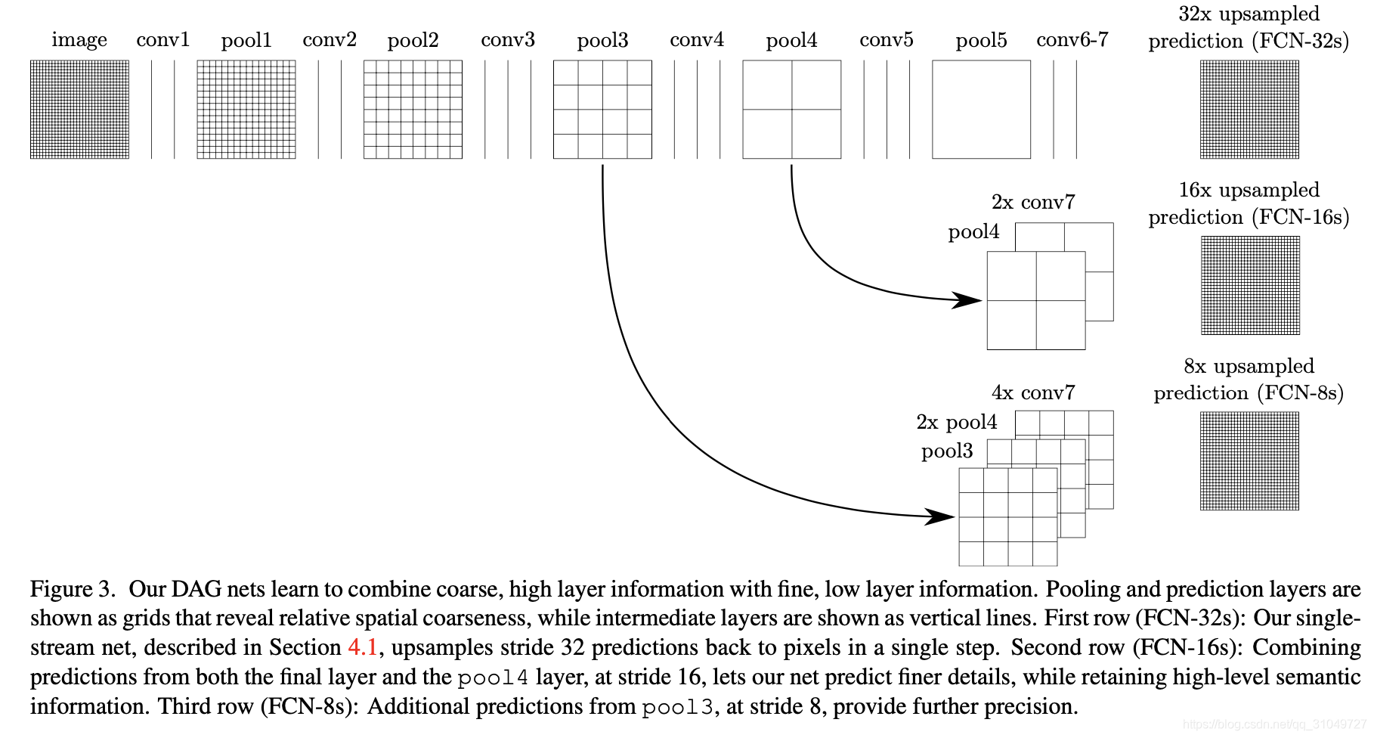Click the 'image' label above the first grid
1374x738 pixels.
pyautogui.click(x=79, y=40)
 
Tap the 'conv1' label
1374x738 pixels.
pyautogui.click(x=162, y=40)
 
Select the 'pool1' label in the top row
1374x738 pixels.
pyautogui.click(x=246, y=40)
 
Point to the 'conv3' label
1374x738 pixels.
pyautogui.click(x=508, y=40)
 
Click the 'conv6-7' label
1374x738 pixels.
pyautogui.click(x=1072, y=40)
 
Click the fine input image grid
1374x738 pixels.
pyautogui.click(x=79, y=110)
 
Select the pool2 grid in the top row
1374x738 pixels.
pyautogui.click(x=413, y=110)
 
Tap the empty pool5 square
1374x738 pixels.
pyautogui.click(x=981, y=110)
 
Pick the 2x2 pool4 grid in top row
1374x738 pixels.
pyautogui.click(x=792, y=110)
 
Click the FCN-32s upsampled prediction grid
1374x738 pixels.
pyautogui.click(x=1249, y=110)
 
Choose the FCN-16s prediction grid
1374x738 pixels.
pyautogui.click(x=1250, y=285)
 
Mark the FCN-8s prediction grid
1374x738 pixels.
pyautogui.click(x=1249, y=460)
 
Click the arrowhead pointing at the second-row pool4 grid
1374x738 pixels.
pyautogui.click(x=968, y=300)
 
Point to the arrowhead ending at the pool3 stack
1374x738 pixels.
pyautogui.click(x=942, y=516)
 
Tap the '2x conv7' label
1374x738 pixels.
pyautogui.click(x=1033, y=203)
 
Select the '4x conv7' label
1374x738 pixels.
pyautogui.click(x=1033, y=393)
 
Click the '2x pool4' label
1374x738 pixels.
pyautogui.click(x=957, y=422)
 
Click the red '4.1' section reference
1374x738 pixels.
pyautogui.click(x=363, y=648)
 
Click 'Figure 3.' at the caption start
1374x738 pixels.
pyautogui.click(x=73, y=589)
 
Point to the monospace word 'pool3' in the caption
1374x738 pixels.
pyautogui.click(x=677, y=707)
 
